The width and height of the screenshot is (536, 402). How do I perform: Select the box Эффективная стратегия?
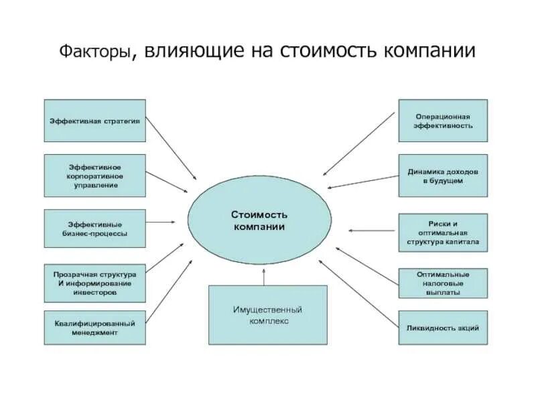point(94,121)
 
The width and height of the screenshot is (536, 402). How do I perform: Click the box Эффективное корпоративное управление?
point(94,176)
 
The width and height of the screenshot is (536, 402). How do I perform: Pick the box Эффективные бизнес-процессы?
point(94,229)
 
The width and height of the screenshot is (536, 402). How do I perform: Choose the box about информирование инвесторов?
point(94,283)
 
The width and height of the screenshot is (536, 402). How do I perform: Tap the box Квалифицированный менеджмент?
point(94,328)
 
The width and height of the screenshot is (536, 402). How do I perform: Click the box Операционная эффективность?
point(443,121)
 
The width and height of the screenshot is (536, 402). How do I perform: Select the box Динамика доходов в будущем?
point(443,176)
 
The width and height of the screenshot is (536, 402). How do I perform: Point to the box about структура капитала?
point(443,232)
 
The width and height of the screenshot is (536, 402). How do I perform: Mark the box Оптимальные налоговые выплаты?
point(443,283)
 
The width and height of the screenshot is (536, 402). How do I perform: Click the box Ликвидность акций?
point(443,328)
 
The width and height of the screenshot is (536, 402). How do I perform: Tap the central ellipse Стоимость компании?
point(259,220)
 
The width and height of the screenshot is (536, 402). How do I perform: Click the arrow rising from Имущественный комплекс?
point(265,276)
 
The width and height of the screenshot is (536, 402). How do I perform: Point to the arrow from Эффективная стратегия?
point(171,148)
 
